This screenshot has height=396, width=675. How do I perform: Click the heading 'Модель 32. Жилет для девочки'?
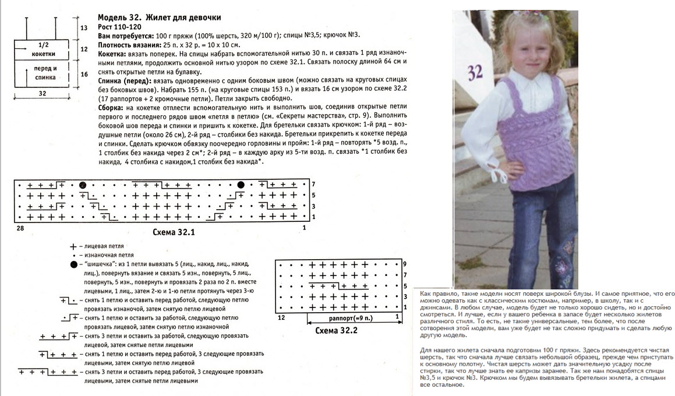159,17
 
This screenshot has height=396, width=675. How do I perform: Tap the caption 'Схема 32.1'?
173,232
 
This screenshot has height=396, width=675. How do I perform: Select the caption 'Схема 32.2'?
336,330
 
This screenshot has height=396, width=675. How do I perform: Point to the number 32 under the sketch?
42,93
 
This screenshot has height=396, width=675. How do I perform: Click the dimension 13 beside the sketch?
84,28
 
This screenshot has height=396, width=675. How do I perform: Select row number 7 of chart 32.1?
313,185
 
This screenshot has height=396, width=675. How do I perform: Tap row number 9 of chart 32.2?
404,264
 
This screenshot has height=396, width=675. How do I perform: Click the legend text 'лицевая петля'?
104,246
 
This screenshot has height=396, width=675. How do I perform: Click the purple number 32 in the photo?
475,72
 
